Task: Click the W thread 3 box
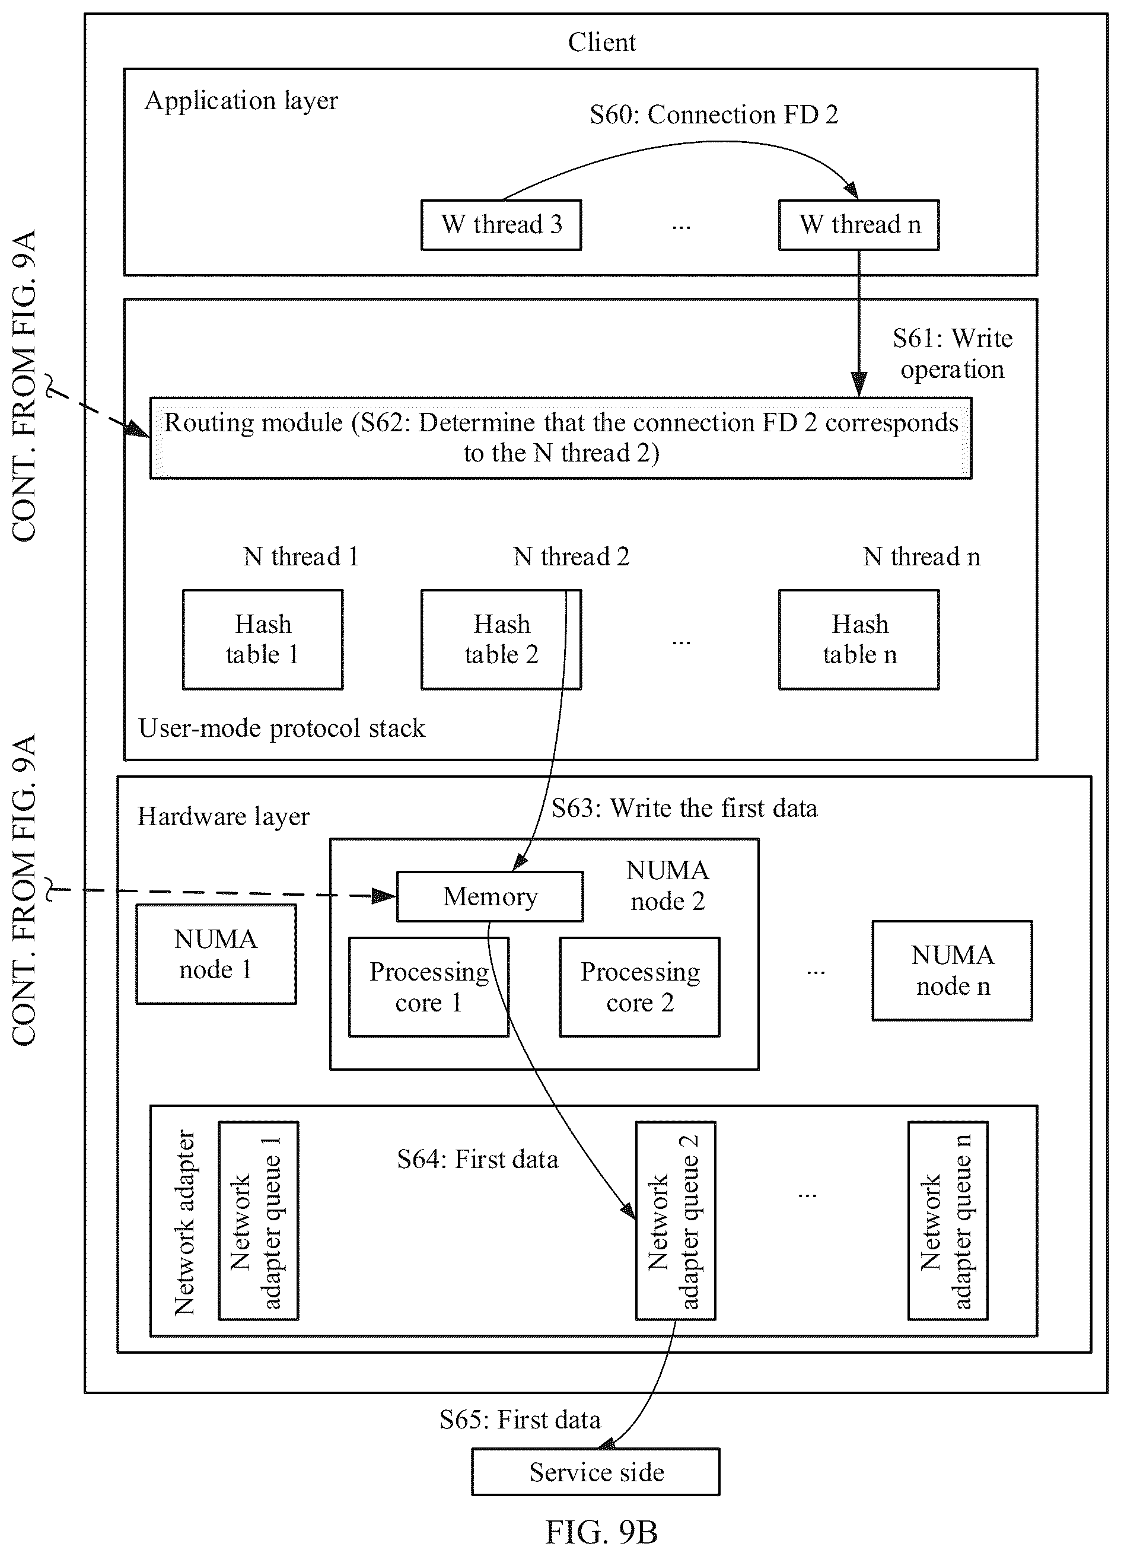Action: click(x=501, y=225)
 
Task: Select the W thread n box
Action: click(x=858, y=225)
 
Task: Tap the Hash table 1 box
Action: click(x=263, y=639)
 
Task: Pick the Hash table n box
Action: click(x=858, y=639)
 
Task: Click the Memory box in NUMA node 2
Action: click(x=490, y=896)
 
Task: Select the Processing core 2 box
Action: click(x=639, y=987)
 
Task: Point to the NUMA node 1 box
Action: click(x=216, y=954)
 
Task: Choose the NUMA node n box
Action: click(x=952, y=970)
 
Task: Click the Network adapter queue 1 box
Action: click(x=259, y=1221)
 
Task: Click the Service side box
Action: click(x=595, y=1472)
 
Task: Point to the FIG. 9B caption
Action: click(x=601, y=1532)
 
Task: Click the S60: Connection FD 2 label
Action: click(x=714, y=114)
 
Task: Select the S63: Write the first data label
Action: click(x=684, y=808)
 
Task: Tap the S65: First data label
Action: click(x=520, y=1420)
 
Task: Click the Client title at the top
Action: click(x=601, y=43)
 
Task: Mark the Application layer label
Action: click(x=241, y=101)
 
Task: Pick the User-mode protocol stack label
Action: click(x=282, y=728)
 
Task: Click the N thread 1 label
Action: click(x=301, y=556)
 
